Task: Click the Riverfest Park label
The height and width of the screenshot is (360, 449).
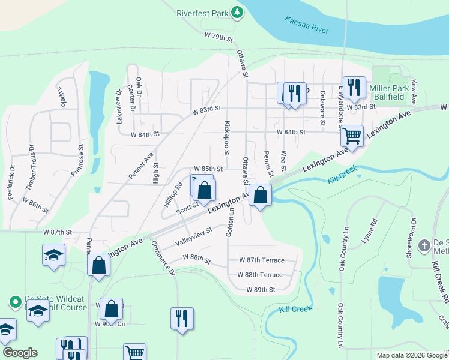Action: [x=203, y=12]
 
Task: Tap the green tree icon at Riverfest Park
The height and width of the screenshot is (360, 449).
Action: [x=238, y=12]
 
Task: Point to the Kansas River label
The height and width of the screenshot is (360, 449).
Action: [x=307, y=25]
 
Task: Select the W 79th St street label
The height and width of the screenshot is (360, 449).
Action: [x=218, y=37]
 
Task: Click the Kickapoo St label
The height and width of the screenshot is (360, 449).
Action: [x=227, y=135]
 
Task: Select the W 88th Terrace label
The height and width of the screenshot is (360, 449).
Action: [x=259, y=275]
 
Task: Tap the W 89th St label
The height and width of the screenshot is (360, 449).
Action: [x=261, y=289]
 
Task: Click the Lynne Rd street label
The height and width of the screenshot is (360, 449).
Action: [x=372, y=230]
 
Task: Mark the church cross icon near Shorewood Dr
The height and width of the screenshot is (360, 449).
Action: [x=424, y=245]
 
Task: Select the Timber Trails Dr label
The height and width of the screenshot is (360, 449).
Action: [x=29, y=163]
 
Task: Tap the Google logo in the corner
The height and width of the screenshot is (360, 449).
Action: [x=20, y=353]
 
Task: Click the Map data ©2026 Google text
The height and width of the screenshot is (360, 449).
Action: [x=411, y=355]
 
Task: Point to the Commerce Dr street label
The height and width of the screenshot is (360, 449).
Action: [x=162, y=258]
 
